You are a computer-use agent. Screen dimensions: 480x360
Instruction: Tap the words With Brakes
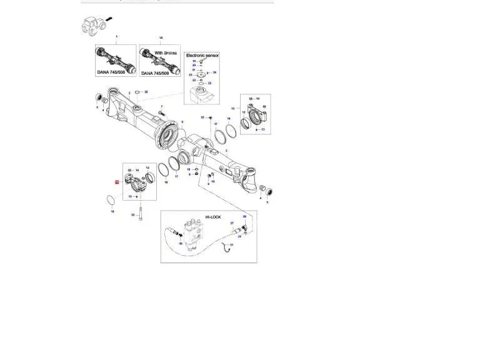tap(166, 53)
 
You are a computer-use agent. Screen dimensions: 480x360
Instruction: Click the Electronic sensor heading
tap(202, 55)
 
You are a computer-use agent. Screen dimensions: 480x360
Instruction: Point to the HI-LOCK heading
tap(213, 217)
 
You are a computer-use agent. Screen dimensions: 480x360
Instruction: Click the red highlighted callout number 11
tap(116, 182)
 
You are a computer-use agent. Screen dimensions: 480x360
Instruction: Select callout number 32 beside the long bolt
tap(132, 215)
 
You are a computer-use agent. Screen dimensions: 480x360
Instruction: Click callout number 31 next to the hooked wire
tap(231, 245)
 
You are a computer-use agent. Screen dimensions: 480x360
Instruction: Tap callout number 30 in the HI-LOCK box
tap(181, 244)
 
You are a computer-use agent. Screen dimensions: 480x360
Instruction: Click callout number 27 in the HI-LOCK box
tap(232, 223)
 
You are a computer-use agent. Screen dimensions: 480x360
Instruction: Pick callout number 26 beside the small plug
tap(146, 92)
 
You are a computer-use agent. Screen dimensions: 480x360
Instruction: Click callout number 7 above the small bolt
tap(161, 107)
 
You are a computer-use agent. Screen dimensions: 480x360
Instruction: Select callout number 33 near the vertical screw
tap(202, 117)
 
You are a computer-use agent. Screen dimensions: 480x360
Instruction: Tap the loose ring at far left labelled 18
tap(111, 200)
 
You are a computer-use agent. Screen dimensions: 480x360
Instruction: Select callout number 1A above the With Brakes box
tap(161, 38)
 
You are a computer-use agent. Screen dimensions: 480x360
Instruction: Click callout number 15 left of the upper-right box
tap(232, 108)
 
